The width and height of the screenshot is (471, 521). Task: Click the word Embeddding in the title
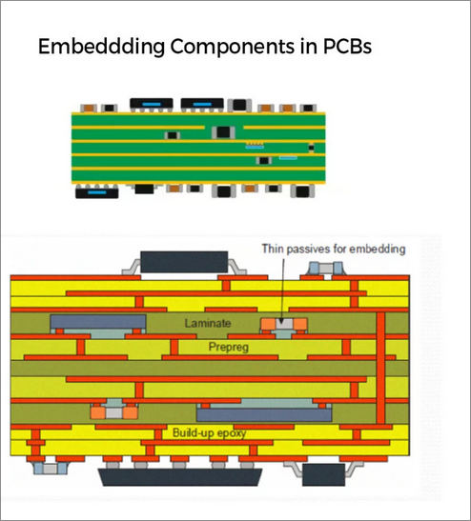(x=101, y=47)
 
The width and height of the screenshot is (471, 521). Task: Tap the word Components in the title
(x=233, y=47)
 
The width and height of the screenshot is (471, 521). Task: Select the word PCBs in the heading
(x=347, y=46)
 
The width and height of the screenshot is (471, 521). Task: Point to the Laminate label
(x=208, y=323)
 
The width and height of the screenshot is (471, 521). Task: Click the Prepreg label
(x=229, y=348)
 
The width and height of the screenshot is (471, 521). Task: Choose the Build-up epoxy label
(x=209, y=433)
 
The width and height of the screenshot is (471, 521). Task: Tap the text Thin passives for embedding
(x=334, y=249)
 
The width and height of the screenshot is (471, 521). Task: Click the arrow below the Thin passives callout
(x=283, y=291)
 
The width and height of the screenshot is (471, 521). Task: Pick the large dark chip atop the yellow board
(x=184, y=262)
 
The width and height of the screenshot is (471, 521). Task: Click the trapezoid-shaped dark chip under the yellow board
(x=180, y=477)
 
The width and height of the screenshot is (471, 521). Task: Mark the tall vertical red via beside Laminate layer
(x=380, y=368)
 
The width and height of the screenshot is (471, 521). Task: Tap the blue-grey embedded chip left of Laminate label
(x=98, y=322)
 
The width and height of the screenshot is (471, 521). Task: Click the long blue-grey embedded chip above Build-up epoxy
(x=264, y=414)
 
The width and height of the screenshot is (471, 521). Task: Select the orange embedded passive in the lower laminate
(x=113, y=412)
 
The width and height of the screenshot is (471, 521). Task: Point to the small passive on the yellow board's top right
(x=326, y=269)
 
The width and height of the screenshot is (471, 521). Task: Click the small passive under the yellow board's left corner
(x=51, y=469)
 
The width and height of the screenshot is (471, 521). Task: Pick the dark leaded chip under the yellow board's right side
(x=323, y=475)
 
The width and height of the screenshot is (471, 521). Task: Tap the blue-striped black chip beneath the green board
(x=97, y=192)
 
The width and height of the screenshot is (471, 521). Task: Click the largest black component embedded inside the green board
(x=223, y=132)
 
